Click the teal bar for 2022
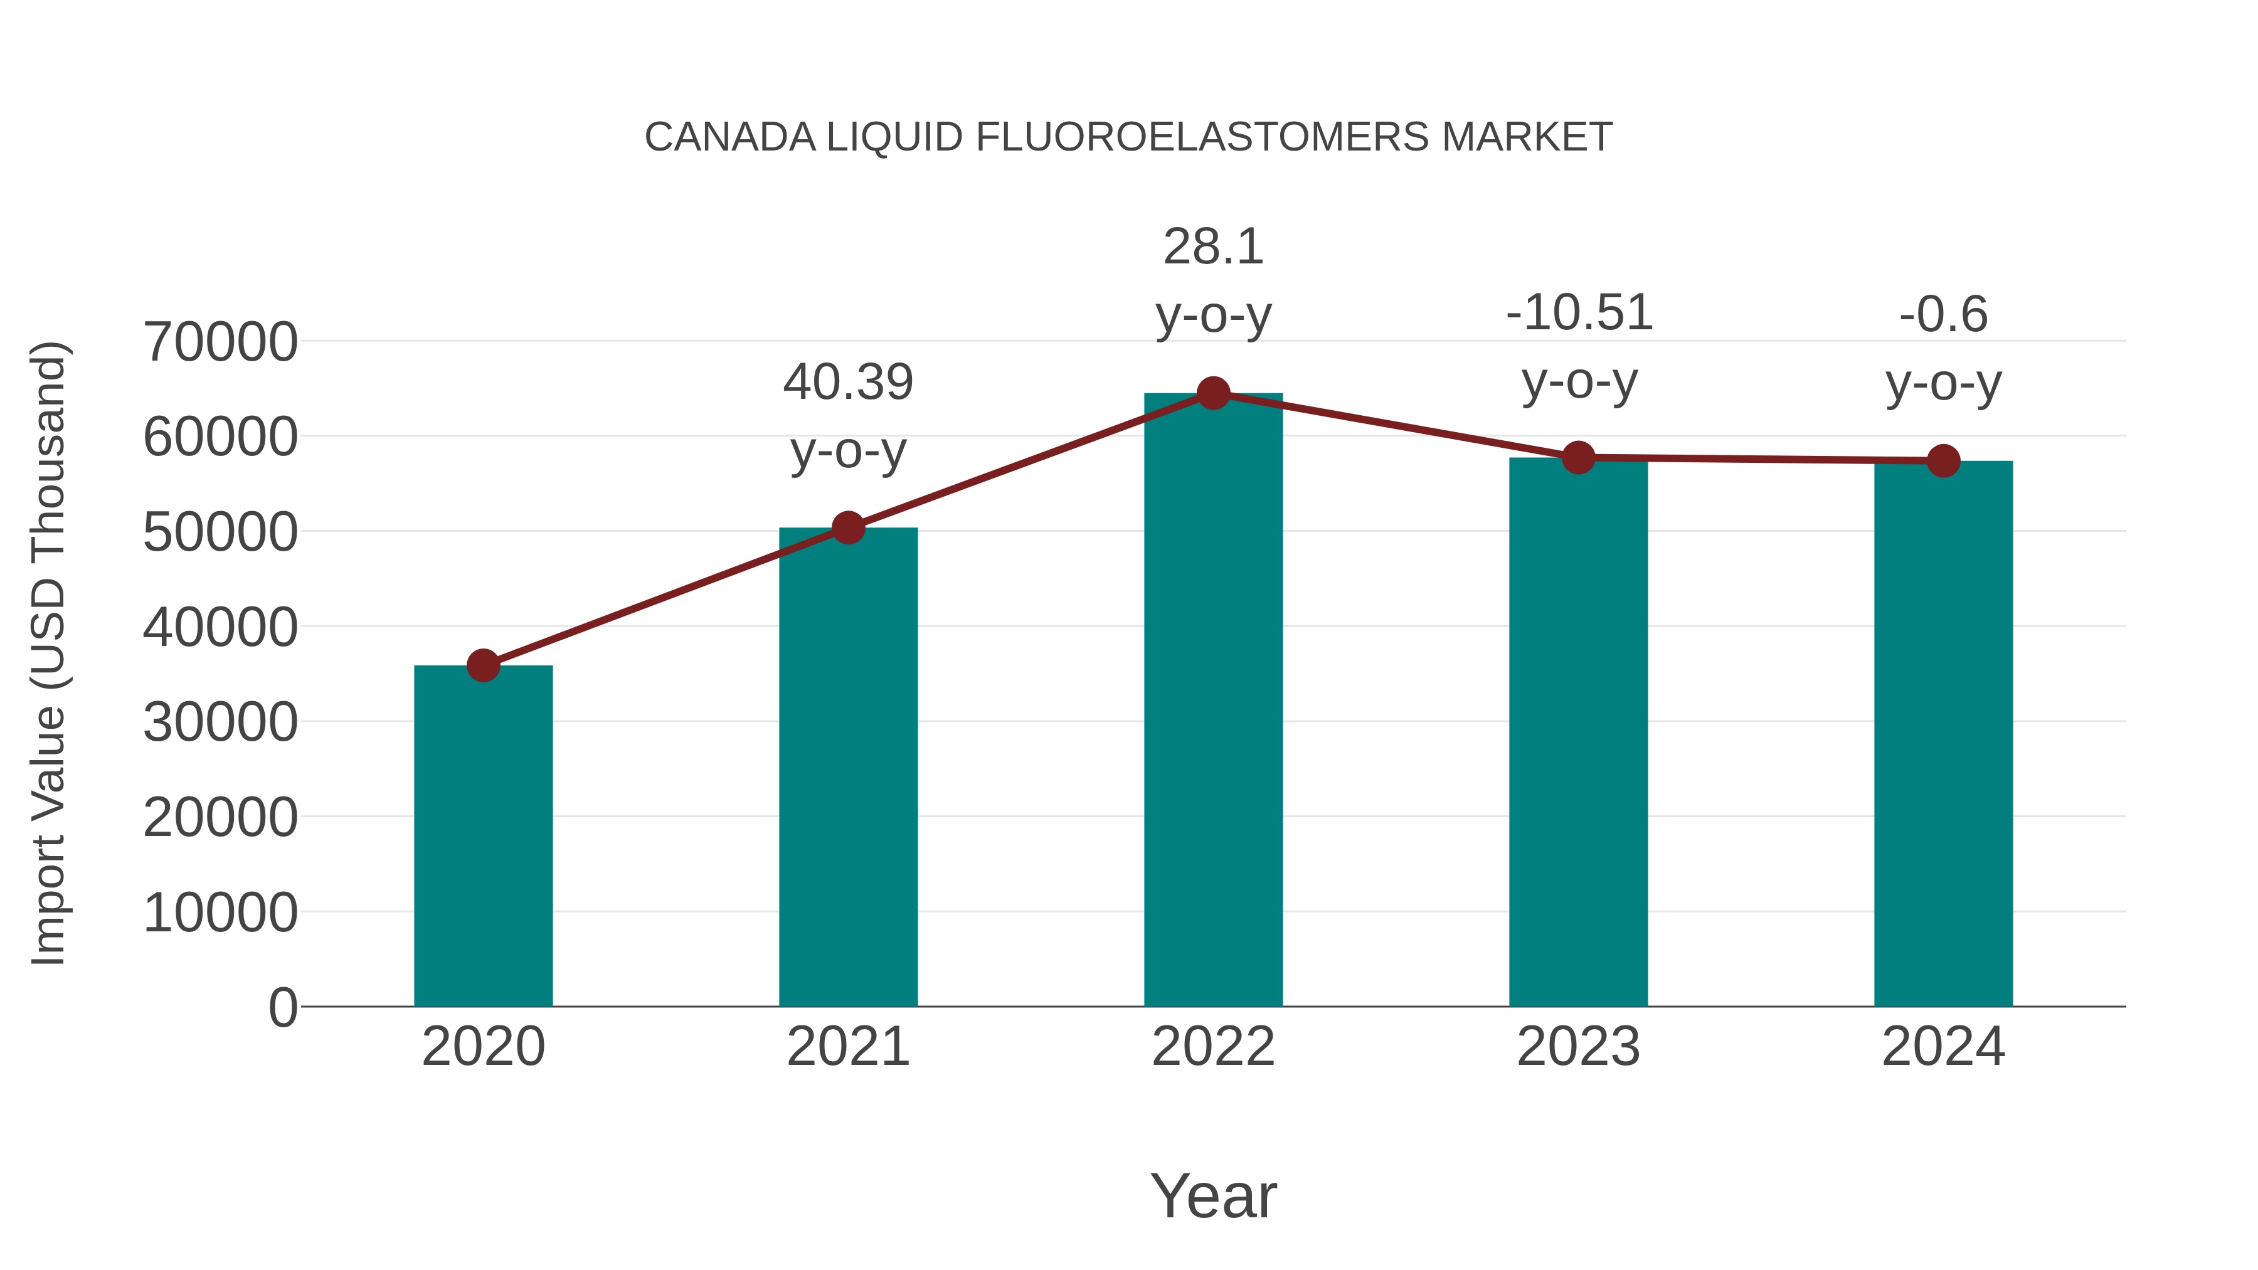[x=1213, y=701]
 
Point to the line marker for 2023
[x=1579, y=458]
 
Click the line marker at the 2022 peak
[x=1213, y=393]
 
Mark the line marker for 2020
[x=483, y=665]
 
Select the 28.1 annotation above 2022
[x=1213, y=247]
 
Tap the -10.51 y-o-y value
[x=1579, y=313]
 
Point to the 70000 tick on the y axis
[x=220, y=342]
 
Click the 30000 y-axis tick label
[x=220, y=722]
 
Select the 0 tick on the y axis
[x=283, y=1007]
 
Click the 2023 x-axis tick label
[x=1579, y=1047]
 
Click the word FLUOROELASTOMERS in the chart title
[x=1202, y=137]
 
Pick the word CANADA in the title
[x=729, y=137]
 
